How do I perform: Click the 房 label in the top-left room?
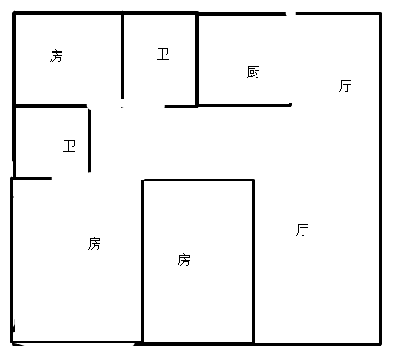(x=56, y=56)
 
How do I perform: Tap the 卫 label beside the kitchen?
(x=164, y=54)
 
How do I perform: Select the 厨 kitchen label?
(x=254, y=72)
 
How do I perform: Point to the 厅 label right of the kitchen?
(x=345, y=87)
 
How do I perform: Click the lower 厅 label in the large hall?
(x=302, y=229)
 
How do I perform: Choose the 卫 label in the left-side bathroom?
(x=69, y=145)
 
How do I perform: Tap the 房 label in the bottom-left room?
(x=95, y=243)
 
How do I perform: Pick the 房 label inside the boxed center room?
(x=184, y=260)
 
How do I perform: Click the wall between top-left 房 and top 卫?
(x=123, y=55)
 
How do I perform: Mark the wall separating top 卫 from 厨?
(x=196, y=60)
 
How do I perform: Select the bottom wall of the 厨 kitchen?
(x=244, y=105)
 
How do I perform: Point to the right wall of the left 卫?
(x=89, y=140)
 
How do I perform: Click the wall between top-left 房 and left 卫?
(x=51, y=106)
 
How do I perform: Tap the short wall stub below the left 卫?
(x=32, y=178)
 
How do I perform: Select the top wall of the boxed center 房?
(x=198, y=180)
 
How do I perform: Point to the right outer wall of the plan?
(x=380, y=184)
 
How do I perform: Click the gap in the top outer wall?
(x=291, y=14)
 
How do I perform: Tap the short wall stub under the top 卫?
(x=180, y=106)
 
